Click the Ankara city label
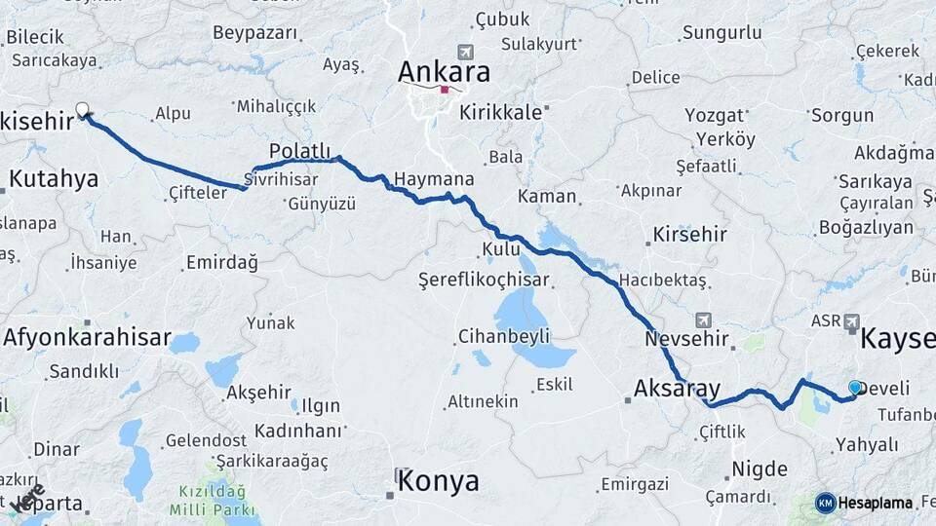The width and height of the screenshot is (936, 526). [x=444, y=72]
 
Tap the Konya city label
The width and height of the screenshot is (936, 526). [x=439, y=481]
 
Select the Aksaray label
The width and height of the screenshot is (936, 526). [x=676, y=388]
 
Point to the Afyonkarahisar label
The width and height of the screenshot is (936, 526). [x=88, y=339]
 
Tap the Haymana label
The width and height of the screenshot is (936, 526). [x=434, y=179]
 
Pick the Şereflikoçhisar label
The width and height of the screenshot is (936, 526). [x=485, y=281]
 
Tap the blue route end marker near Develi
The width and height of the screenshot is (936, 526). [x=856, y=388]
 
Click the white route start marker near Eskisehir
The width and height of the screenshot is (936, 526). [x=82, y=110]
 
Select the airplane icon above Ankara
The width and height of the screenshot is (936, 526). [x=465, y=52]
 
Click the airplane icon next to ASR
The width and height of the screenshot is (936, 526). [x=853, y=319]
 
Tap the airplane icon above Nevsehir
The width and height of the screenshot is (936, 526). [x=704, y=319]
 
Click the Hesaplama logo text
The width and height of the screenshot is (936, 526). [x=876, y=503]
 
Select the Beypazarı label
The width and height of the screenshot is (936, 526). [x=254, y=33]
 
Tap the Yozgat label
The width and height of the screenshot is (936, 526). [x=714, y=115]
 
